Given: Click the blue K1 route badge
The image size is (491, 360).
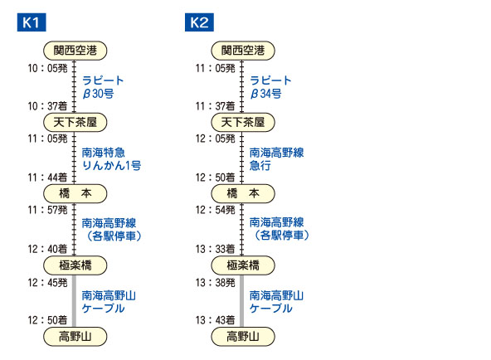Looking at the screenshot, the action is [x=32, y=22].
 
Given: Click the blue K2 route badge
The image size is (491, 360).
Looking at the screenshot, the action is [x=199, y=22].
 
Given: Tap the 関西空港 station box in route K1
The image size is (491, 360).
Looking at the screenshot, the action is [x=75, y=51].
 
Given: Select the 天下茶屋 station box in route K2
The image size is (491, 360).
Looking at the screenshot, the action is [x=243, y=122].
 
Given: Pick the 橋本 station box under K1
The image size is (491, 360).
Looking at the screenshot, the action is [x=75, y=193].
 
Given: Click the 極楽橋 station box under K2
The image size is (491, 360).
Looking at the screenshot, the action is [x=243, y=265].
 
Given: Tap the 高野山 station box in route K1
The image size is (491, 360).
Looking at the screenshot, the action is [x=75, y=337].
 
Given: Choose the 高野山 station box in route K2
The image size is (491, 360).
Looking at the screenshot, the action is [x=243, y=337].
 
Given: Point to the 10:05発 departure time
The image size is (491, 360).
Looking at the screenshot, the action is [x=47, y=68].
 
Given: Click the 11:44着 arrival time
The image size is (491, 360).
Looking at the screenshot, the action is [x=47, y=178].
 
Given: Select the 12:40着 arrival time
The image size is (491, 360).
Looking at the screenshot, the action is [x=47, y=249].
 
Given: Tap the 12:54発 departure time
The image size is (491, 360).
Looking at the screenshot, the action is [x=216, y=210].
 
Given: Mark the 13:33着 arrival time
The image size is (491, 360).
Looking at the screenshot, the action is [x=216, y=249].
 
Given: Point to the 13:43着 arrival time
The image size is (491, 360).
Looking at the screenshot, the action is [x=216, y=320].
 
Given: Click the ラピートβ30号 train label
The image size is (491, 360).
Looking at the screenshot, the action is [x=103, y=87].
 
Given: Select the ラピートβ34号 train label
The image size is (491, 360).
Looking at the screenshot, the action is [x=271, y=87].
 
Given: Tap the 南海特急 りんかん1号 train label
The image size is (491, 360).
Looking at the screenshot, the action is [x=111, y=159].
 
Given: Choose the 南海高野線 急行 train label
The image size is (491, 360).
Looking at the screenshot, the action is [x=277, y=159].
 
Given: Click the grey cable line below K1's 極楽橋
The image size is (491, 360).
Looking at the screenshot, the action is [x=74, y=301].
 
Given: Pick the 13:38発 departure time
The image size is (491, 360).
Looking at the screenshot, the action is [x=216, y=283].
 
